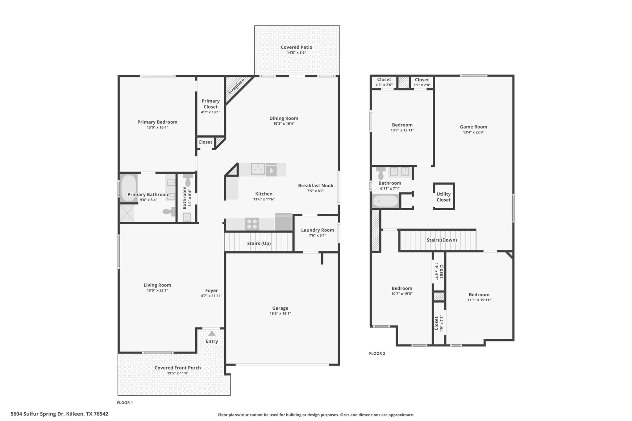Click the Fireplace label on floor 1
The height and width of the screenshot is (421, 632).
[x=236, y=86]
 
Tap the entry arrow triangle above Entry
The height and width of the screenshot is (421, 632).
[x=212, y=333]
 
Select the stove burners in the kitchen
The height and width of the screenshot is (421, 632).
[x=252, y=224]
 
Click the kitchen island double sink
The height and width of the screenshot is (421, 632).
[x=258, y=169]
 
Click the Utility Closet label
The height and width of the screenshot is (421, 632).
[x=443, y=197]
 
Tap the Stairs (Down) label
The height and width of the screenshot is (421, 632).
[x=442, y=240]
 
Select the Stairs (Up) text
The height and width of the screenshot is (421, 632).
[x=259, y=243]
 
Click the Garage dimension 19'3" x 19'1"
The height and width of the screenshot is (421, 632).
[x=280, y=313]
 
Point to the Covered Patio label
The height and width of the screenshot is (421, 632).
[x=296, y=47]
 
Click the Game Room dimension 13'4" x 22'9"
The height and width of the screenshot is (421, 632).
[x=473, y=132]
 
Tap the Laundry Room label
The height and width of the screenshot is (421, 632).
[x=317, y=230]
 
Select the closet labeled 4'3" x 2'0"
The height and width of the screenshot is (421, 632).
[x=384, y=82]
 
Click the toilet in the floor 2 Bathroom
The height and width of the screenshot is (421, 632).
[x=381, y=174]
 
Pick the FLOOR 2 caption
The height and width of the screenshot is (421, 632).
[x=377, y=353]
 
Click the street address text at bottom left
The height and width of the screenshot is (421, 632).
[x=59, y=414]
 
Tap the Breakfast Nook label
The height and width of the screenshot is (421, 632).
[x=315, y=185]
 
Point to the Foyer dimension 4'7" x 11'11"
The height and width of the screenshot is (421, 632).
[x=211, y=296]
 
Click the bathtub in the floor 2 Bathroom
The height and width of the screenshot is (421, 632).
[x=385, y=201]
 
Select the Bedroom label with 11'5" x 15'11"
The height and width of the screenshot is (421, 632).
[x=479, y=295]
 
